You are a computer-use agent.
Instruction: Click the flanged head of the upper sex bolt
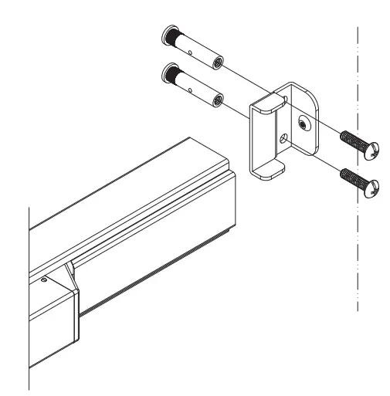tap(169, 36)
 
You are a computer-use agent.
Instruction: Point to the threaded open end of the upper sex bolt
tap(216, 63)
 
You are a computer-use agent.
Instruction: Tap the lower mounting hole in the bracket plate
tap(287, 139)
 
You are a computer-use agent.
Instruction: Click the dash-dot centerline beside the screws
tap(358, 255)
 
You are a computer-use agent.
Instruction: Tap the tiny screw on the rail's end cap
tap(45, 279)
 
